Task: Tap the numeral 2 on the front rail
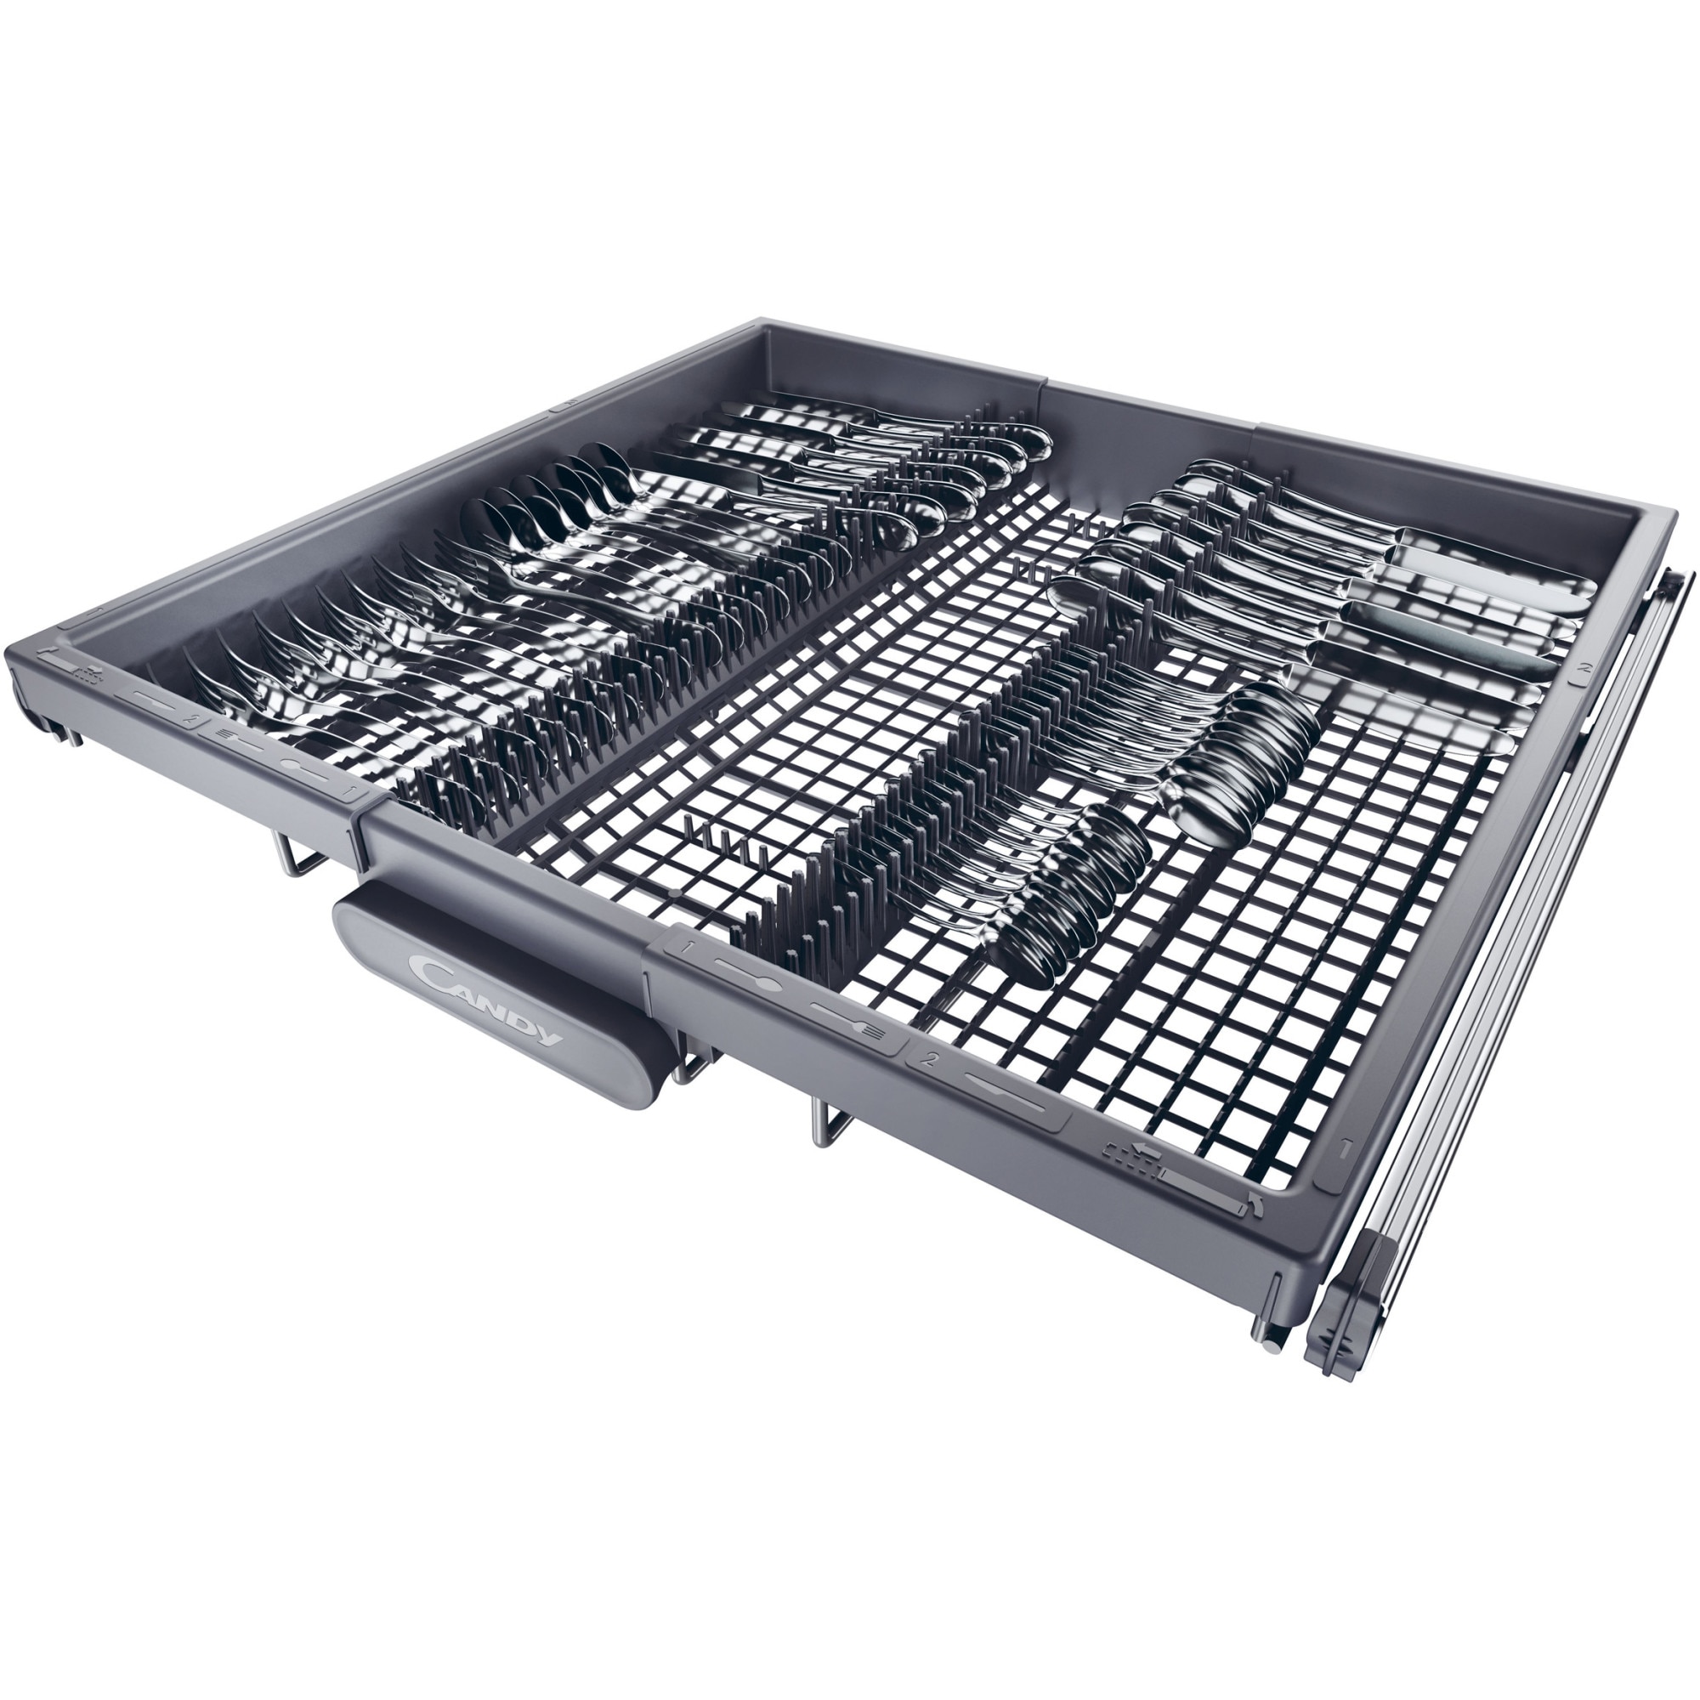tap(929, 1059)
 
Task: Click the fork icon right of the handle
tap(847, 1018)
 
